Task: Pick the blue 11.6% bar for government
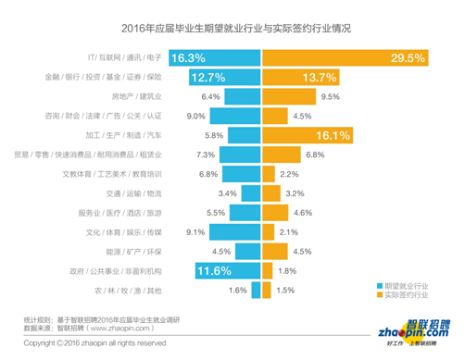tap(229, 270)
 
